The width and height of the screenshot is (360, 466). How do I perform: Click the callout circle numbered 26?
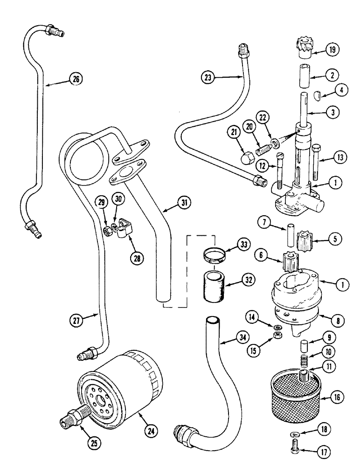point(75,79)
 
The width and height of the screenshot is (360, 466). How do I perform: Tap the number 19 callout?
point(332,49)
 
